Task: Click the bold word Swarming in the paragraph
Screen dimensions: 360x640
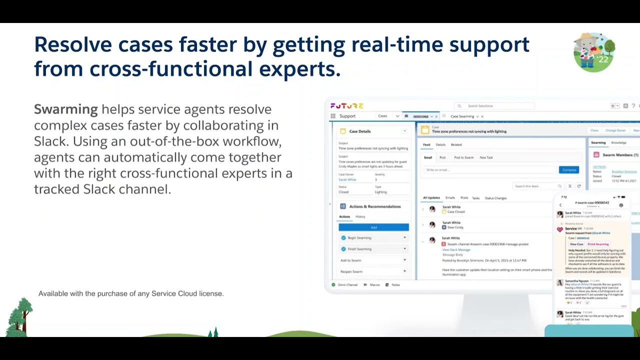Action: point(65,109)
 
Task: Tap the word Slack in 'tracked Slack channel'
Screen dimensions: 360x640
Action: point(99,189)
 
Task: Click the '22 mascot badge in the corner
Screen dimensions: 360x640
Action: point(594,52)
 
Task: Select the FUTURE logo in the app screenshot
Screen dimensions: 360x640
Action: point(346,106)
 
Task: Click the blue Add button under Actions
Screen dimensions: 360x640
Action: point(373,227)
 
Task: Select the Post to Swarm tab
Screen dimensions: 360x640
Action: point(463,157)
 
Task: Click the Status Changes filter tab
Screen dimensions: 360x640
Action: point(495,198)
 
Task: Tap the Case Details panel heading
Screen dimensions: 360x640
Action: point(360,131)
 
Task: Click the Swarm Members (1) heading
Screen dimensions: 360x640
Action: point(620,155)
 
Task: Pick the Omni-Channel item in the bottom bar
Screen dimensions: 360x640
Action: point(347,284)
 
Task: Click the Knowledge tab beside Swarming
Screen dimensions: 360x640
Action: point(618,143)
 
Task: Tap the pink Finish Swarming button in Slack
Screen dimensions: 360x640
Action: point(598,244)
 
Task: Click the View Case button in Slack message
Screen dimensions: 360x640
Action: point(576,244)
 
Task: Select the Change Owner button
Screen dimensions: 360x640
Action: point(615,130)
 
